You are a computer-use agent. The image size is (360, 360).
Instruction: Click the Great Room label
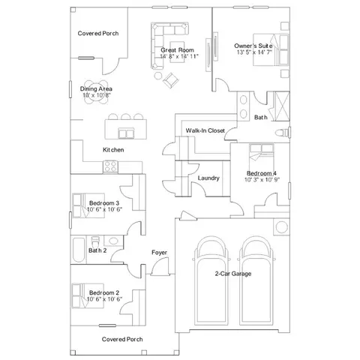point(177,50)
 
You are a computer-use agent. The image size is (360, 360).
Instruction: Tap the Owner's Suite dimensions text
point(254,52)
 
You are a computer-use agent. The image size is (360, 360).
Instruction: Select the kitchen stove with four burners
point(111,166)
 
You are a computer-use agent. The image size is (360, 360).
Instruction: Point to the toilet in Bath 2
point(95,241)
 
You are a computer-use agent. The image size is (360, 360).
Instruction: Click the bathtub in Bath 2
point(79,250)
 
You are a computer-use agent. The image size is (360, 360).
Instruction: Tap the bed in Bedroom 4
point(262,157)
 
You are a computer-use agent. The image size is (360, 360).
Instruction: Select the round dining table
point(97,91)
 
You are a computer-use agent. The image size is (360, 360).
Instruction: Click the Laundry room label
point(208,178)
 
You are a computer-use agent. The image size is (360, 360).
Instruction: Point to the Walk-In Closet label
point(205,130)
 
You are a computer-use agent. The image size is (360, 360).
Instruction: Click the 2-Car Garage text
point(233,274)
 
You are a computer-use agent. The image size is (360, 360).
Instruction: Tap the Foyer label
point(159,253)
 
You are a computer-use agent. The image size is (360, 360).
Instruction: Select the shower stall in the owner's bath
point(282,106)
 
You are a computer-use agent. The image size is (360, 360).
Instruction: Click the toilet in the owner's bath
point(283,132)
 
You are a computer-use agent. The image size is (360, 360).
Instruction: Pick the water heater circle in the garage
point(281,227)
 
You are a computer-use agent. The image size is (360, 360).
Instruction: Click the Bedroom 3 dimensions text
point(104,209)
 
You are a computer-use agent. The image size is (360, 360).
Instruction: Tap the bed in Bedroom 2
point(88,295)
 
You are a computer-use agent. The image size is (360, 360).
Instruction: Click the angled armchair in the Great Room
point(171,80)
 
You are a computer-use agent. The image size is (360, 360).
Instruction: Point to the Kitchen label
point(113,150)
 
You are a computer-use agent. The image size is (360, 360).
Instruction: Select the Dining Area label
point(96,88)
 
